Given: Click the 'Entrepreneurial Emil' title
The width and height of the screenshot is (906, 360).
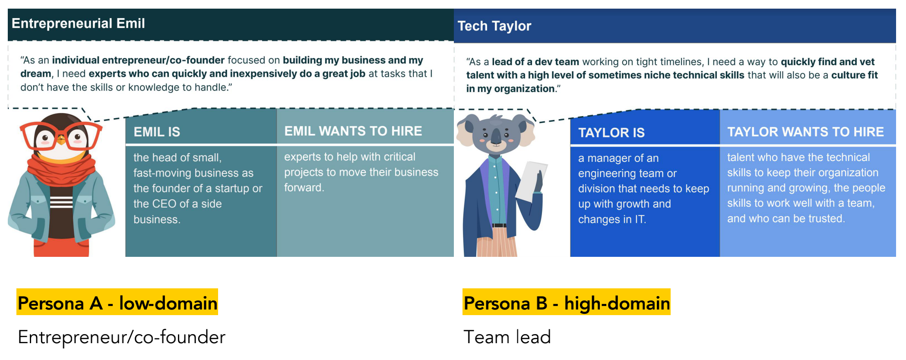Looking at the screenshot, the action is (x=78, y=23).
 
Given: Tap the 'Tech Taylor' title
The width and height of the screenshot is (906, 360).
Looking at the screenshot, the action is (x=494, y=26).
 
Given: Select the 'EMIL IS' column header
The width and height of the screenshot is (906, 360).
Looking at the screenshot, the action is (x=157, y=132).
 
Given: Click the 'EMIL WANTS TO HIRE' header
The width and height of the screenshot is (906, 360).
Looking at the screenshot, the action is (x=353, y=131).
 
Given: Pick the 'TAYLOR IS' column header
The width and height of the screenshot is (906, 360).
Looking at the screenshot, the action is (x=611, y=133).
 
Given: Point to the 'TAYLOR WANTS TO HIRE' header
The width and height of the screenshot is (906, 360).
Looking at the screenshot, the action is (x=805, y=132).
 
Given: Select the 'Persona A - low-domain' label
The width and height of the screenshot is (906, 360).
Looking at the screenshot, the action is (x=117, y=303).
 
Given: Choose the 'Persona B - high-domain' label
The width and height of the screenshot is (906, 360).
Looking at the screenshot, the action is (x=567, y=303).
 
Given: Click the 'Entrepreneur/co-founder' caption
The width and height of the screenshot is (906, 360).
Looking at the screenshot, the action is (x=122, y=337).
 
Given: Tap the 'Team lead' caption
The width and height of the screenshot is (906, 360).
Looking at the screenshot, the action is (x=507, y=337).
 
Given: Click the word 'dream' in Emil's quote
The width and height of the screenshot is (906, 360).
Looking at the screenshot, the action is (x=35, y=74).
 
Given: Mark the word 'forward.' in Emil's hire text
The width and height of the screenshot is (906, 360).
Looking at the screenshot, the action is (x=304, y=187).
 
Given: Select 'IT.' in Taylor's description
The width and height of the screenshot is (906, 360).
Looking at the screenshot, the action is (x=640, y=219).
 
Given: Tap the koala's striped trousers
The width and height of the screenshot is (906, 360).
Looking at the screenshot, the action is (x=497, y=242).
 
